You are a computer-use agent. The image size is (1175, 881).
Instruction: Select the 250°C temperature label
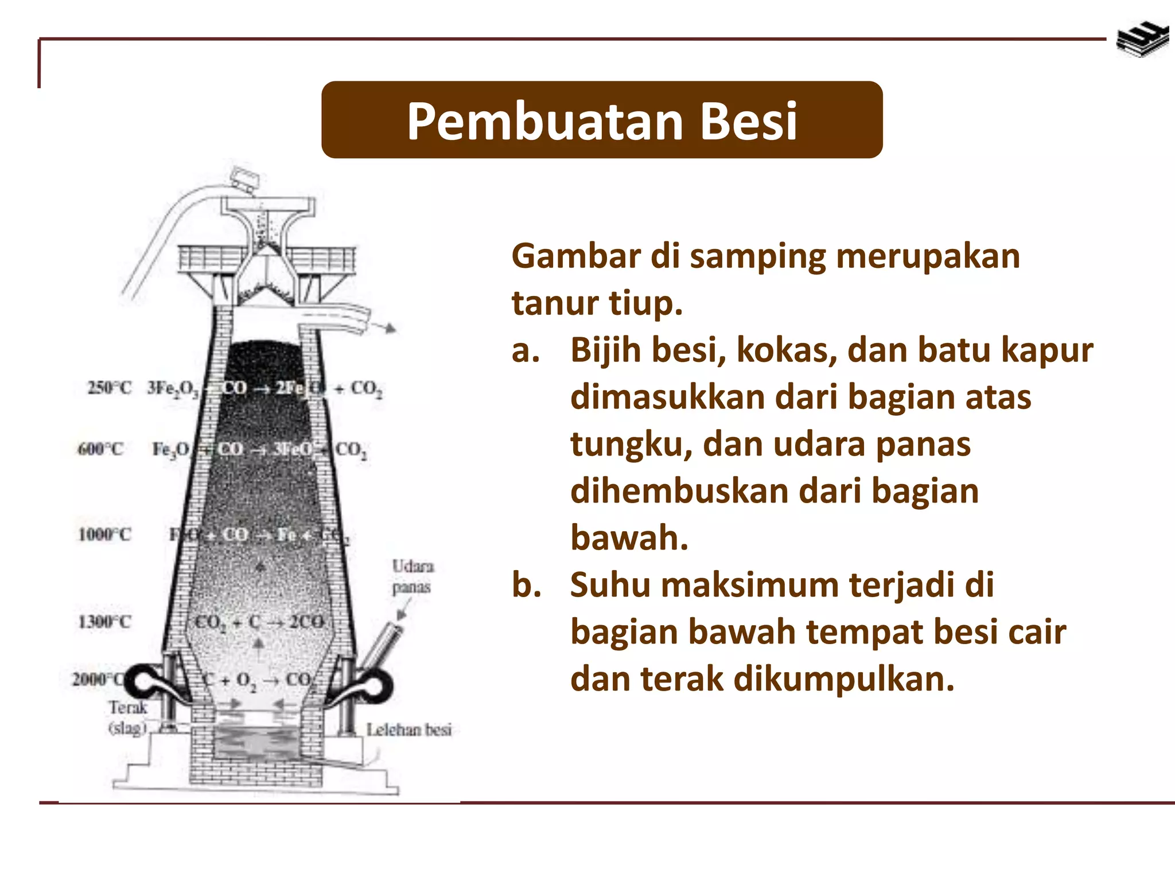tap(109, 388)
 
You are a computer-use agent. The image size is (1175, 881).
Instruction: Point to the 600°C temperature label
tap(100, 449)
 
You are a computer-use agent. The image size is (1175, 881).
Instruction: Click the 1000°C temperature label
tap(104, 535)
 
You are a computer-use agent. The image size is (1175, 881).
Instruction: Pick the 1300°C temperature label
tap(104, 622)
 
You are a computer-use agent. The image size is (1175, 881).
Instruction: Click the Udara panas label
tap(412, 576)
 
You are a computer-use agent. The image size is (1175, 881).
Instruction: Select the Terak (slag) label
tap(128, 718)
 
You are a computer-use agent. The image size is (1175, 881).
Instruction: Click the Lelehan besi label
tap(409, 730)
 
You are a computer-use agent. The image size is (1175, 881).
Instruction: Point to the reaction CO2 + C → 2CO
tap(259, 622)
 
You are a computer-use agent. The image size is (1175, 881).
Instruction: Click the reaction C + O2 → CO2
tap(258, 680)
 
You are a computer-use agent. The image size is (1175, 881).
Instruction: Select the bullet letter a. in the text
tap(526, 350)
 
